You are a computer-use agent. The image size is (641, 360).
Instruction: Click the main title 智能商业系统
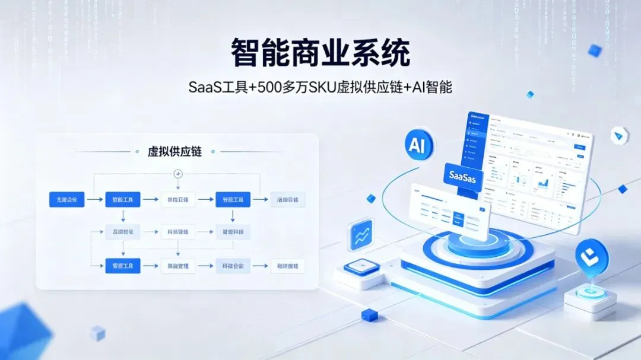tap(320, 53)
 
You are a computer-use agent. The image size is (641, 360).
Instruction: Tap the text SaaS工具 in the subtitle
tap(214, 88)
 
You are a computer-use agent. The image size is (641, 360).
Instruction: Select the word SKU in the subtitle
tap(321, 88)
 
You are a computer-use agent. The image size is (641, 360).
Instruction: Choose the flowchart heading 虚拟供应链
tap(174, 152)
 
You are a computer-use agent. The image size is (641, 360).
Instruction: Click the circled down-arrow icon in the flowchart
tap(177, 173)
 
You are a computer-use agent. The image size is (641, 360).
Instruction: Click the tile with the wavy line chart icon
tap(361, 235)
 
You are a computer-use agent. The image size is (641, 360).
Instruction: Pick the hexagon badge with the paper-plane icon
tap(620, 136)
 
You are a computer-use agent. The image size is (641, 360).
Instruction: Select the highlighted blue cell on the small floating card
tap(458, 218)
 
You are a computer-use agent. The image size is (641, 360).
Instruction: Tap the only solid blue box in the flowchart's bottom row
tap(123, 266)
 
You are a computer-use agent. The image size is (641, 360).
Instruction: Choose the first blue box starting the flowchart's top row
tap(66, 200)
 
